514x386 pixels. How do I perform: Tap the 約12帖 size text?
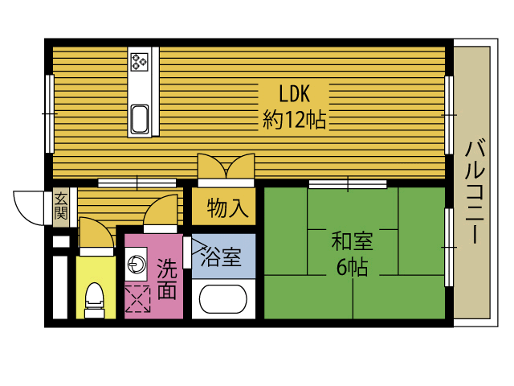[x=294, y=120]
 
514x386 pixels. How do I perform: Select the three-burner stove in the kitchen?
[x=141, y=60]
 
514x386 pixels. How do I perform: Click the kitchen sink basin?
[x=141, y=119]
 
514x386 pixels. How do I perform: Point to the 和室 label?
[x=352, y=240]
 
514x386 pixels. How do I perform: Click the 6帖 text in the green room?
[x=352, y=268]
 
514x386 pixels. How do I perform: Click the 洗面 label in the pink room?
[x=166, y=278]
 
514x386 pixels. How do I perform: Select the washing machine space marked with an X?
[x=137, y=300]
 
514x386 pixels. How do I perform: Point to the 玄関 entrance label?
[x=61, y=206]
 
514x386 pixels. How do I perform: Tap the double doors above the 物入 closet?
[x=226, y=170]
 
